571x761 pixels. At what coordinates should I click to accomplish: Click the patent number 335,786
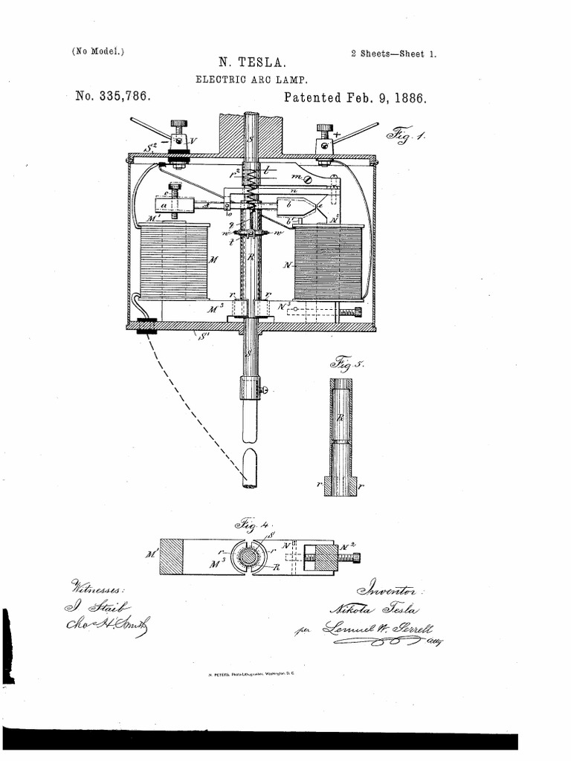114,97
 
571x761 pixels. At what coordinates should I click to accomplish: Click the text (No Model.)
97,51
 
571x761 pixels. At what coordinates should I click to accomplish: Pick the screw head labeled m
317,178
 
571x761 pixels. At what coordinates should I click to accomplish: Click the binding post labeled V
179,139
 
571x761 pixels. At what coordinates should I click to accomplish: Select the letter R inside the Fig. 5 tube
340,418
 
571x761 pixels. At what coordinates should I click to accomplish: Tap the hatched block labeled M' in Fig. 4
172,556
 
